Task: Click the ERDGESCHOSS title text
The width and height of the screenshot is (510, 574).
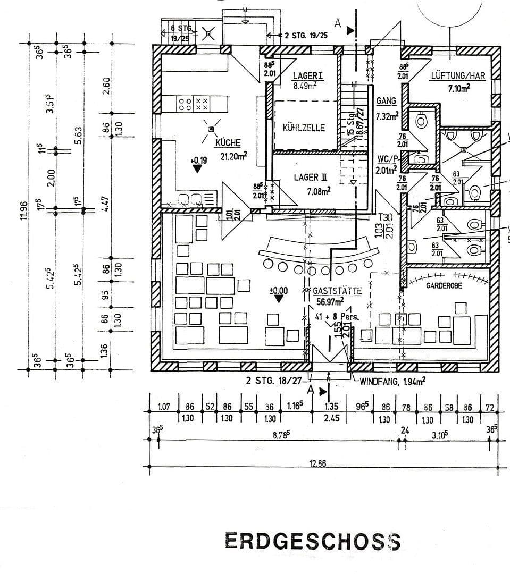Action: click(312, 541)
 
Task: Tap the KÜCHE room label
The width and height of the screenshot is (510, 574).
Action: click(228, 142)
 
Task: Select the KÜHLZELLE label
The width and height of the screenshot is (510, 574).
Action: click(304, 128)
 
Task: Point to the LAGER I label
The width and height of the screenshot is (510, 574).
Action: click(308, 76)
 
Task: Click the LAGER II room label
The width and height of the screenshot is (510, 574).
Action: click(313, 177)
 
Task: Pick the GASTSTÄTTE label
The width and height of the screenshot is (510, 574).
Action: click(337, 291)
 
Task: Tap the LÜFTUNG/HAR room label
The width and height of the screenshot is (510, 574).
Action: click(458, 76)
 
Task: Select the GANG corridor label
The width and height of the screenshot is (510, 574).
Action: click(386, 100)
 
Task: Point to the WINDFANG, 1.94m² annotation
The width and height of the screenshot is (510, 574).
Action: click(392, 381)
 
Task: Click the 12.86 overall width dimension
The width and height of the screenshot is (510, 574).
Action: click(317, 463)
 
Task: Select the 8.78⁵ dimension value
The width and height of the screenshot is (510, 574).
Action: click(280, 434)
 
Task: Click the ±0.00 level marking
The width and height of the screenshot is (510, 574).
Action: click(278, 291)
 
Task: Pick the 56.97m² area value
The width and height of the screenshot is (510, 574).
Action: click(330, 302)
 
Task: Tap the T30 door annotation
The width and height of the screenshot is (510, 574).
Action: click(384, 216)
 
